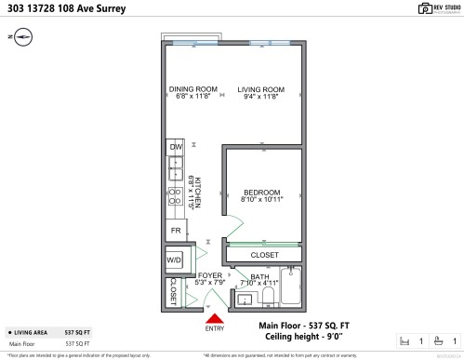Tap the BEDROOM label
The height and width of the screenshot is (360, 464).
point(261,192)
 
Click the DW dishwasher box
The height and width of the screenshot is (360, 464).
point(175,147)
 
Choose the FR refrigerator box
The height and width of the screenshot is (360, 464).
point(175,231)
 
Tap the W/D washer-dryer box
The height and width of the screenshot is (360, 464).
point(175,260)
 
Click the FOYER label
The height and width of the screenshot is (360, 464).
point(210,276)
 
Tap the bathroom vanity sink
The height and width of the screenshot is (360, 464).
point(244,299)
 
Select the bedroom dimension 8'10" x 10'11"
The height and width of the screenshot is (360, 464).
point(261,199)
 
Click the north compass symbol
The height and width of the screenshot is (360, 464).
point(21,36)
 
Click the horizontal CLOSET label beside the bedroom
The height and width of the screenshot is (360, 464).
point(264,255)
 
